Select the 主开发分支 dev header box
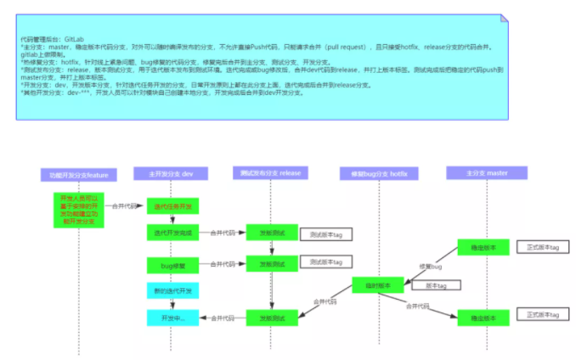[170, 174]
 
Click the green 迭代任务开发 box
[172, 206]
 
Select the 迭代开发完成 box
[172, 233]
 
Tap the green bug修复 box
[172, 266]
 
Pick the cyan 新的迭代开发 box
[172, 291]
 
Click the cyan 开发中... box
[172, 318]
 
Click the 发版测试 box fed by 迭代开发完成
[272, 233]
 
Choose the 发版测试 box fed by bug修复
[272, 264]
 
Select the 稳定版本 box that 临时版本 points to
[483, 318]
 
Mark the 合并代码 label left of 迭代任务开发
[124, 205]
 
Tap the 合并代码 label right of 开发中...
[223, 318]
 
